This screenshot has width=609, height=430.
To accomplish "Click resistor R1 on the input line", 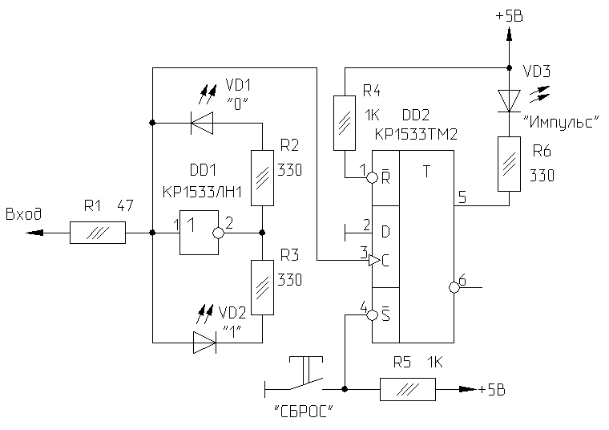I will [98, 234].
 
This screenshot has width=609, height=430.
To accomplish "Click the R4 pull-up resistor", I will [345, 122].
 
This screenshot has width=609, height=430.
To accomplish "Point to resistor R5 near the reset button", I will [407, 390].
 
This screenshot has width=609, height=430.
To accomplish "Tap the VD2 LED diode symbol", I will [204, 343].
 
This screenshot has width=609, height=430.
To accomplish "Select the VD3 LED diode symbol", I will [509, 99].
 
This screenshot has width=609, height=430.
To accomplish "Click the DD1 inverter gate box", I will [197, 233].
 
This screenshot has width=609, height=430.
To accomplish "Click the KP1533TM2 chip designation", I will [416, 135].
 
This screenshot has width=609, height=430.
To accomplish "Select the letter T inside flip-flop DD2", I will [427, 171].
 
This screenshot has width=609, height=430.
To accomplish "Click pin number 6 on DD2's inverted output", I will [462, 278].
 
